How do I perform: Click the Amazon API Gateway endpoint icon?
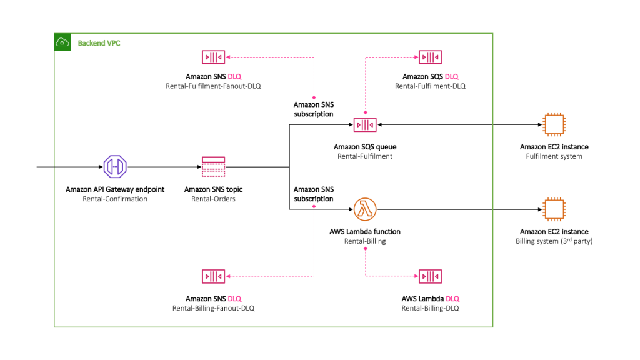[x=115, y=167]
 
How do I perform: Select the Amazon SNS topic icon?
[x=213, y=167]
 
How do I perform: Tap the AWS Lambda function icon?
[x=364, y=210]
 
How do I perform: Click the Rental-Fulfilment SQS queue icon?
[x=364, y=125]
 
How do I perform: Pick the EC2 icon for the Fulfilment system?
[x=554, y=125]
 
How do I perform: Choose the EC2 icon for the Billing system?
[x=554, y=210]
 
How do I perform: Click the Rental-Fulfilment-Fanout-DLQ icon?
[x=213, y=57]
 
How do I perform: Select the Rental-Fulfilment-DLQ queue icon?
[x=430, y=57]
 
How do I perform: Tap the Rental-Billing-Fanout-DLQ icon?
[x=213, y=276]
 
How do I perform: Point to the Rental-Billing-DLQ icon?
[x=430, y=276]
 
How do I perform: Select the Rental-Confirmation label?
[x=115, y=199]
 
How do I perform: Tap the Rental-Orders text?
[x=213, y=199]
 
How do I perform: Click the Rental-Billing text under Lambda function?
[x=364, y=241]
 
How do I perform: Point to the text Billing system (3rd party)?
[x=554, y=241]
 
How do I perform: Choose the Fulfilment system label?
[x=554, y=156]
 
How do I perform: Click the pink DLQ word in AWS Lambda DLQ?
[x=452, y=299]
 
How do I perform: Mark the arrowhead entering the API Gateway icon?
[x=99, y=167]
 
